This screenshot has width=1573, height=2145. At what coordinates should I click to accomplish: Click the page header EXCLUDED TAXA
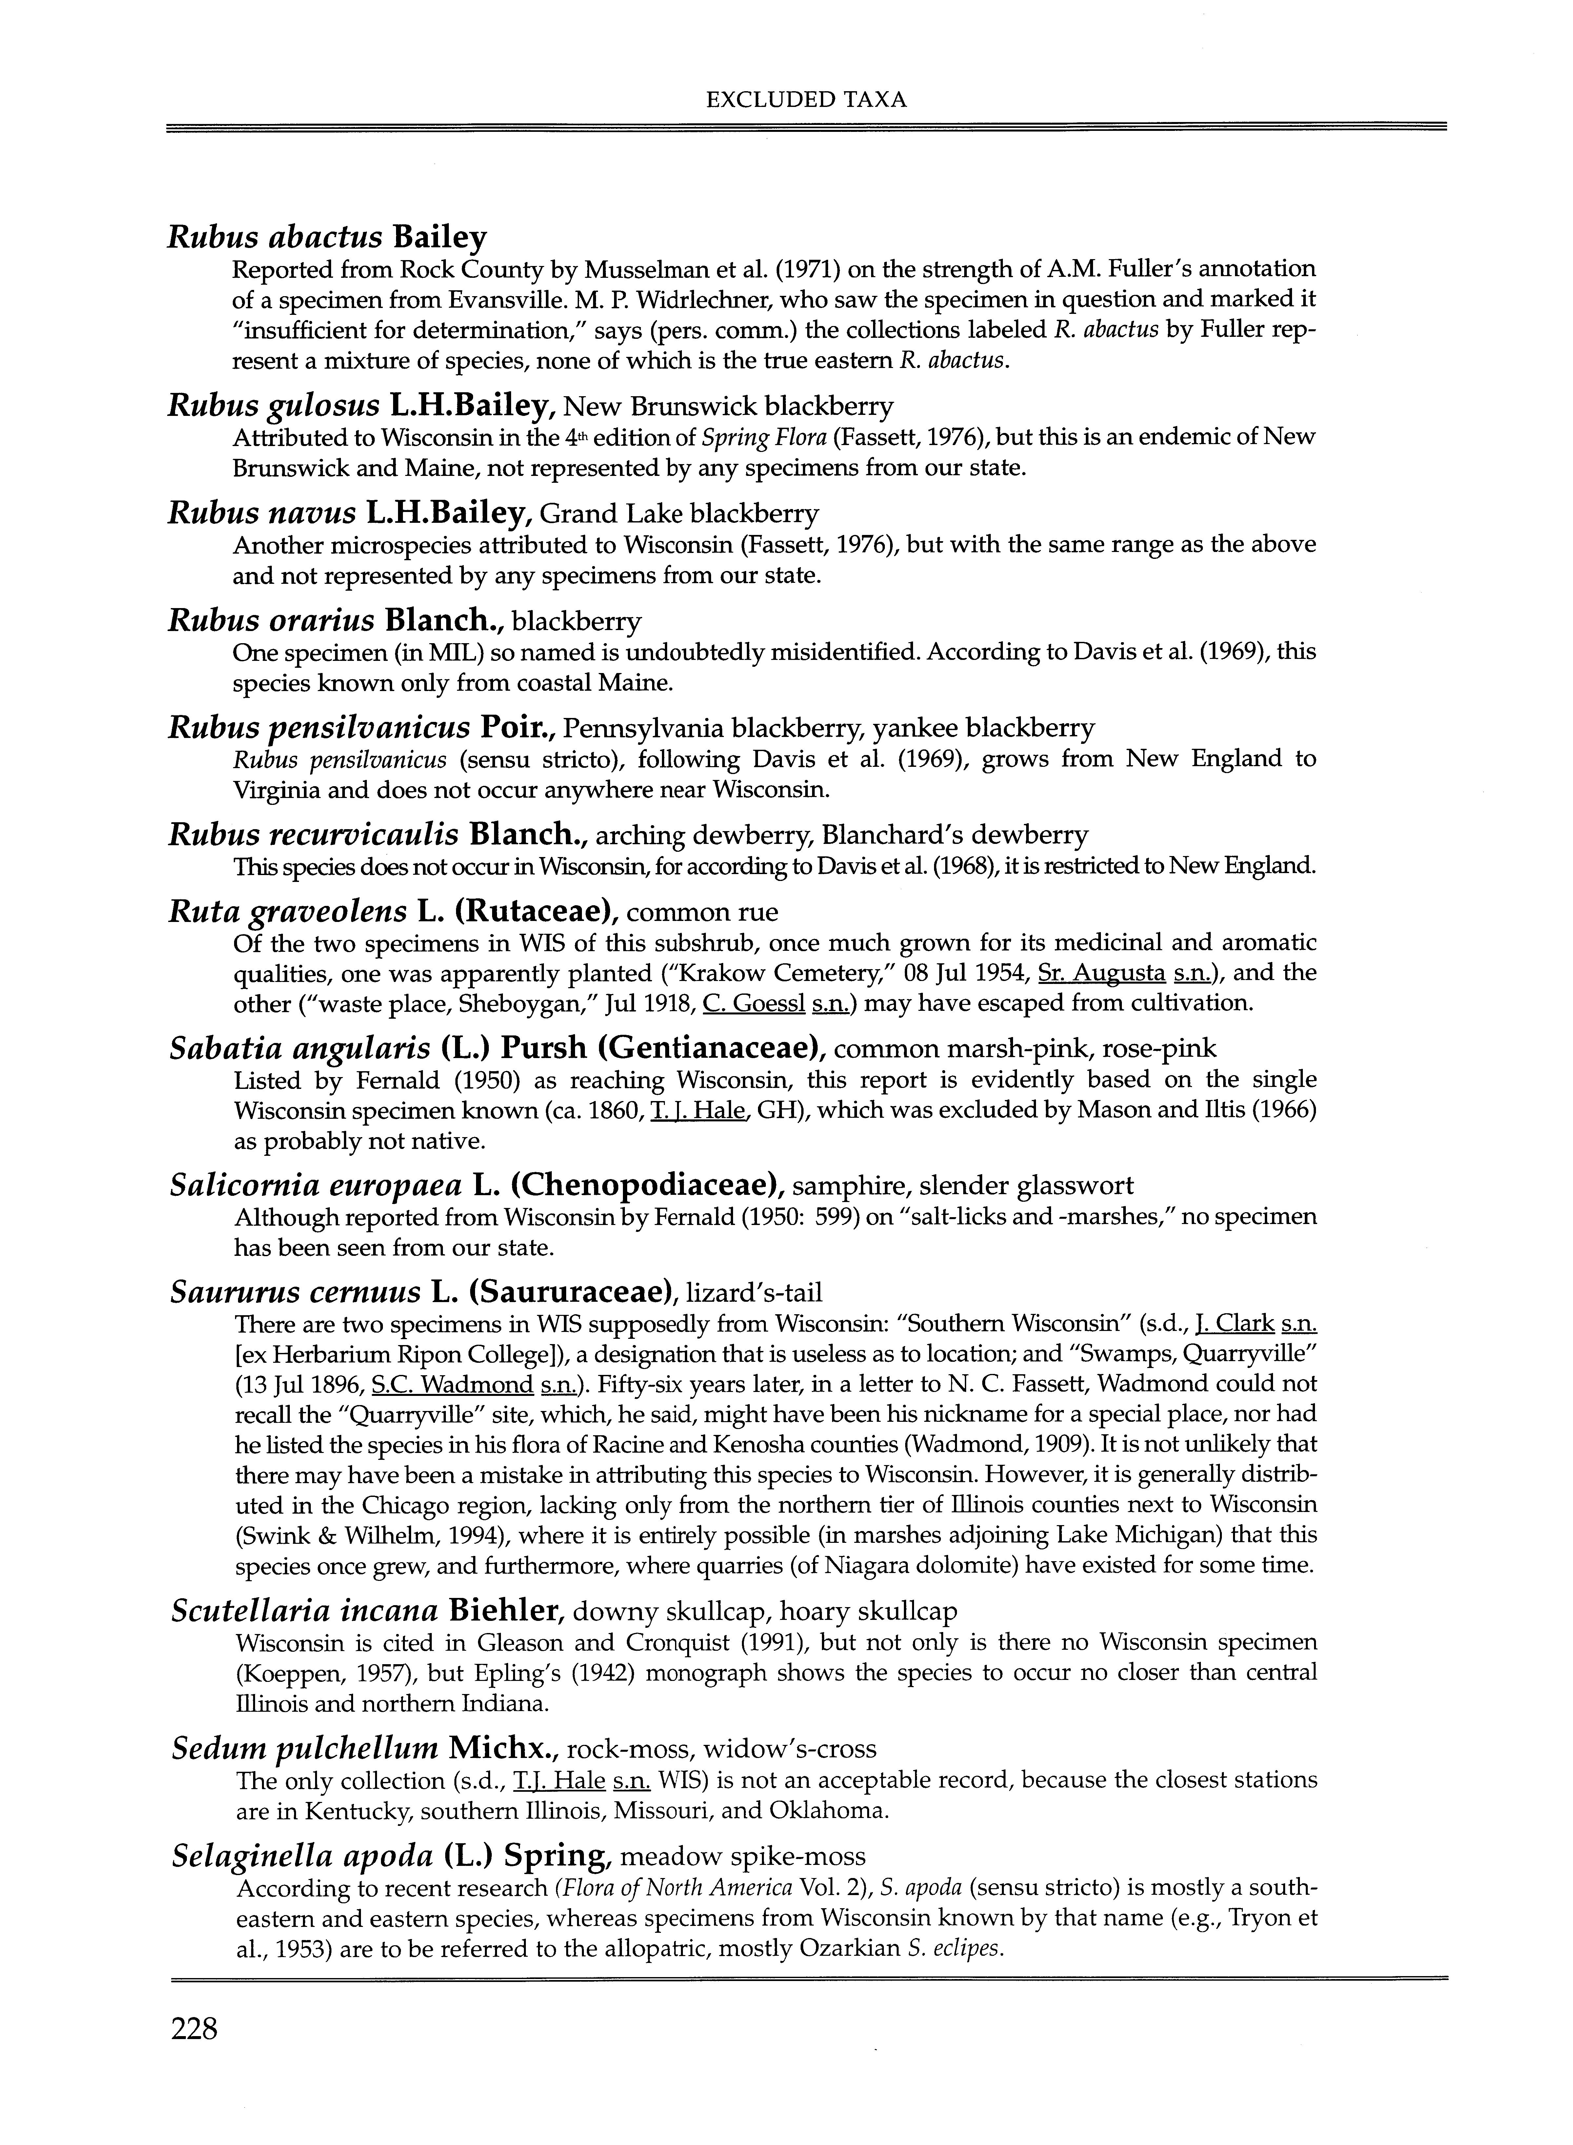tap(806, 99)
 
